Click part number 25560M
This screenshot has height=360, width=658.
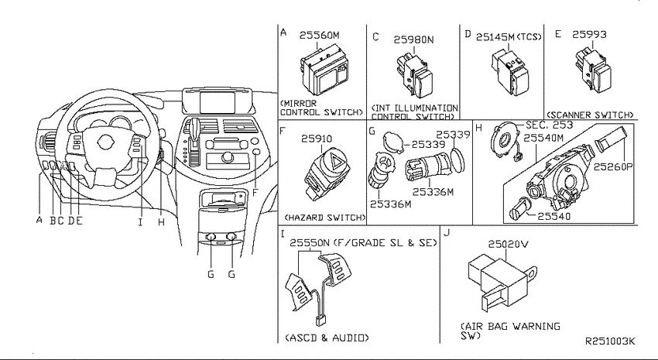pyautogui.click(x=319, y=36)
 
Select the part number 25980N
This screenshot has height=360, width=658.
pyautogui.click(x=413, y=39)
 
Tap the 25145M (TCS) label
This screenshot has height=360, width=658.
pyautogui.click(x=509, y=37)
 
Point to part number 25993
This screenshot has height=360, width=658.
pyautogui.click(x=589, y=34)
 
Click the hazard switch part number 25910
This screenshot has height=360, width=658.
pyautogui.click(x=317, y=139)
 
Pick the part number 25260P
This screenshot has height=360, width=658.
pyautogui.click(x=612, y=166)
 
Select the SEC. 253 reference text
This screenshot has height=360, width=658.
pyautogui.click(x=550, y=125)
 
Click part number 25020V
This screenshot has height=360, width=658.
pyautogui.click(x=508, y=244)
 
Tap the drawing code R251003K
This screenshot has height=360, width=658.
pyautogui.click(x=610, y=341)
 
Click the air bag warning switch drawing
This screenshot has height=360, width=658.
pyautogui.click(x=502, y=279)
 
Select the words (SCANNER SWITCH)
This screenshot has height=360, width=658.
pyautogui.click(x=590, y=115)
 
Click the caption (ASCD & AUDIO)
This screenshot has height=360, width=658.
pyautogui.click(x=327, y=338)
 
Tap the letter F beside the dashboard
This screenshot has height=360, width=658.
pyautogui.click(x=255, y=193)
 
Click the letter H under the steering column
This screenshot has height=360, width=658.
pyautogui.click(x=162, y=222)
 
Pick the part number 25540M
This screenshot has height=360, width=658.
pyautogui.click(x=543, y=138)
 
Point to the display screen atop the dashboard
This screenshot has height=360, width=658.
pyautogui.click(x=217, y=102)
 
